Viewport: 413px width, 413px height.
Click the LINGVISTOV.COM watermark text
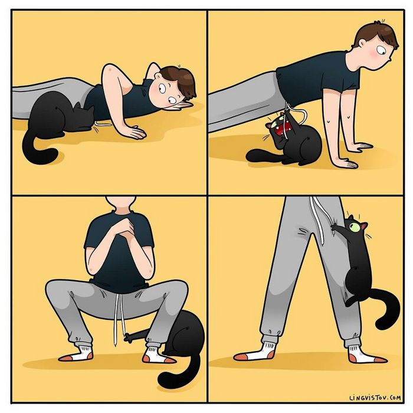[375, 399]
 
